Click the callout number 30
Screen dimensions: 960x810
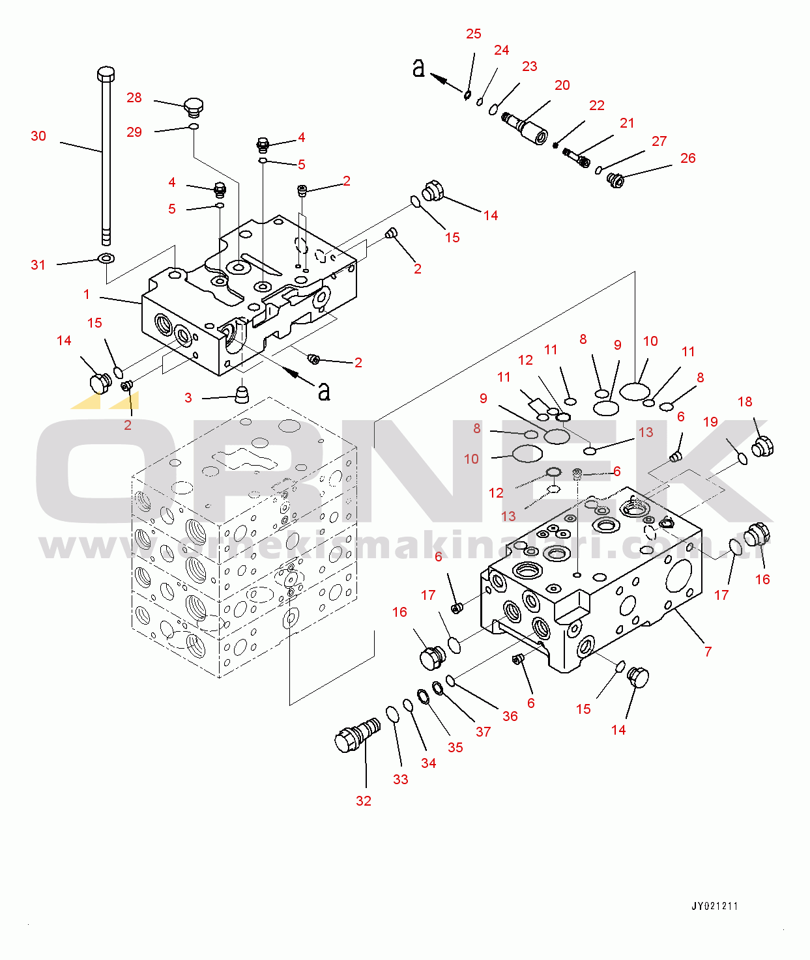click(x=38, y=136)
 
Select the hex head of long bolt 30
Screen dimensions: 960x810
click(x=106, y=72)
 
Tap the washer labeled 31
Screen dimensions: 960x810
click(x=105, y=259)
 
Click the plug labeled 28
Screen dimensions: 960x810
click(x=194, y=106)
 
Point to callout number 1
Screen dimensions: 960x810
click(x=87, y=294)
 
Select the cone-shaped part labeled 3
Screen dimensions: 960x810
click(x=242, y=393)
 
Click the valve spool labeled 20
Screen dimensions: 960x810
click(x=526, y=128)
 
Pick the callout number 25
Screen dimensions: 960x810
click(x=474, y=34)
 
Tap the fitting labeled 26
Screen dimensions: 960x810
click(x=615, y=179)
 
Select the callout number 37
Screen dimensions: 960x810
click(x=483, y=732)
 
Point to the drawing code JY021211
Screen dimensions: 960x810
click(x=714, y=906)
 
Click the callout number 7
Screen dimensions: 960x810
click(x=708, y=651)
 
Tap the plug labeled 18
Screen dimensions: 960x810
click(x=762, y=447)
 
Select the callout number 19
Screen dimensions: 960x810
click(x=710, y=422)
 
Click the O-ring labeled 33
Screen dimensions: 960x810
click(x=392, y=714)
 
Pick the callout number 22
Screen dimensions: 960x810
click(x=597, y=106)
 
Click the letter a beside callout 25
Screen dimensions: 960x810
click(x=418, y=67)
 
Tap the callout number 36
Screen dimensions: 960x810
click(x=510, y=716)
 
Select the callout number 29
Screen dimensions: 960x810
click(x=134, y=132)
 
